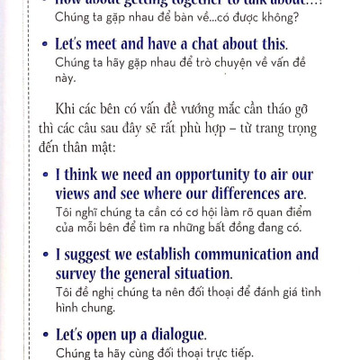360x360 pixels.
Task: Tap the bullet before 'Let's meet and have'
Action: (46, 43)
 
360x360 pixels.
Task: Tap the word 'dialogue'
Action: (175, 334)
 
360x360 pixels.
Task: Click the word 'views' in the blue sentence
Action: (76, 193)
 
